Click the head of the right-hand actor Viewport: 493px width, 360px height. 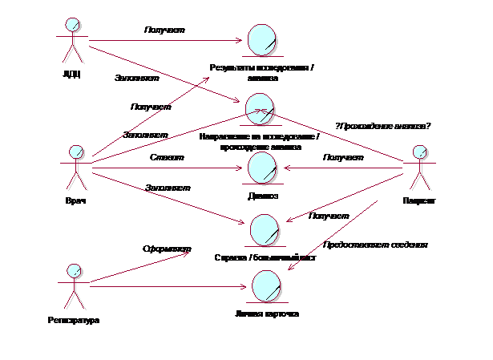coord(419,152)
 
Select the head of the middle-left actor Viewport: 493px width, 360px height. coord(77,152)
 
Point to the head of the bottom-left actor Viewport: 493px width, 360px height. coord(75,271)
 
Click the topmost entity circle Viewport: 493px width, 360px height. coord(262,40)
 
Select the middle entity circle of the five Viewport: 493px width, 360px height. coord(262,168)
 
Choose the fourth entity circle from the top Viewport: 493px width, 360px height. coord(265,230)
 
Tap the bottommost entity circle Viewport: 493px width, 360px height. coord(266,286)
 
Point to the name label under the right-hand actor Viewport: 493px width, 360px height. coord(419,201)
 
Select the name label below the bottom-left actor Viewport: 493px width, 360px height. coord(75,321)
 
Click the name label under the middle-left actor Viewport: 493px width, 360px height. coord(77,201)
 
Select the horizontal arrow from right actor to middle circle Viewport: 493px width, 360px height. coord(345,168)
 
